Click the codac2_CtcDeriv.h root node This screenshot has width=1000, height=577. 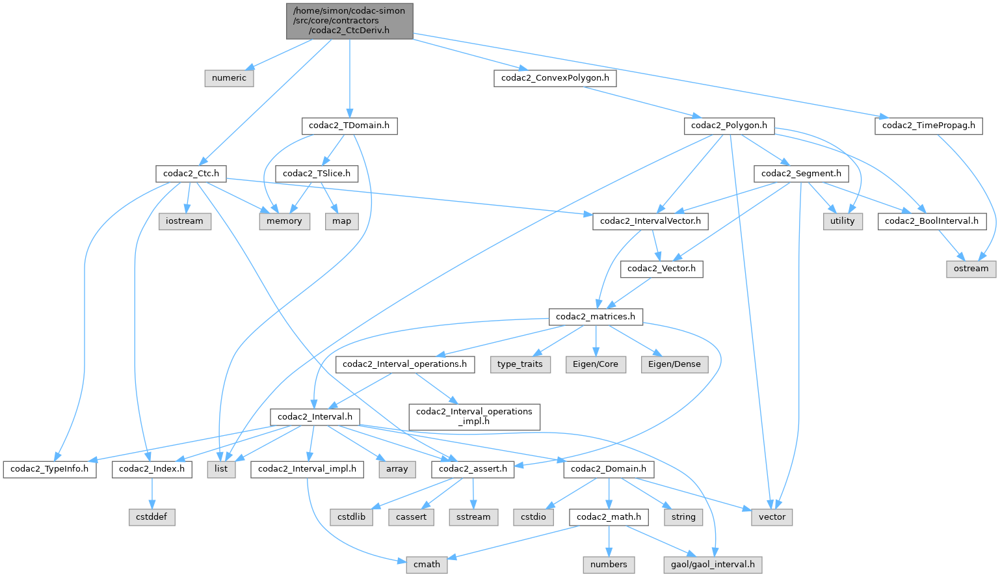349,20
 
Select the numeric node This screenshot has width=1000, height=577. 229,78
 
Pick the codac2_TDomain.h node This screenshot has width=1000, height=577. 349,126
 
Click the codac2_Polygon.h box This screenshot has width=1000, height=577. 729,126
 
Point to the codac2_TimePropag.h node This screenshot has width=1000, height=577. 928,126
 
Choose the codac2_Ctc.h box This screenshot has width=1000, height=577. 191,174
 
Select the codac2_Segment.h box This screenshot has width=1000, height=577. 801,174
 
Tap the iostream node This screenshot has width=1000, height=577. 185,221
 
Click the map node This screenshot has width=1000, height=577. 341,221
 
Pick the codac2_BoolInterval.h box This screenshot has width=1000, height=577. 931,221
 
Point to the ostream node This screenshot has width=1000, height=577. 971,269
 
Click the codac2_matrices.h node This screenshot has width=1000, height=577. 596,317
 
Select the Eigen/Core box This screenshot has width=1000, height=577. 596,364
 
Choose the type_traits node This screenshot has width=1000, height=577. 520,364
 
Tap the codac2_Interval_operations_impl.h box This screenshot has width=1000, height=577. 474,416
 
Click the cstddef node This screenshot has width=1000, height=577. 151,517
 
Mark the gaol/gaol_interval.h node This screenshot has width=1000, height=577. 713,565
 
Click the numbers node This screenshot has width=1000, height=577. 609,565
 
